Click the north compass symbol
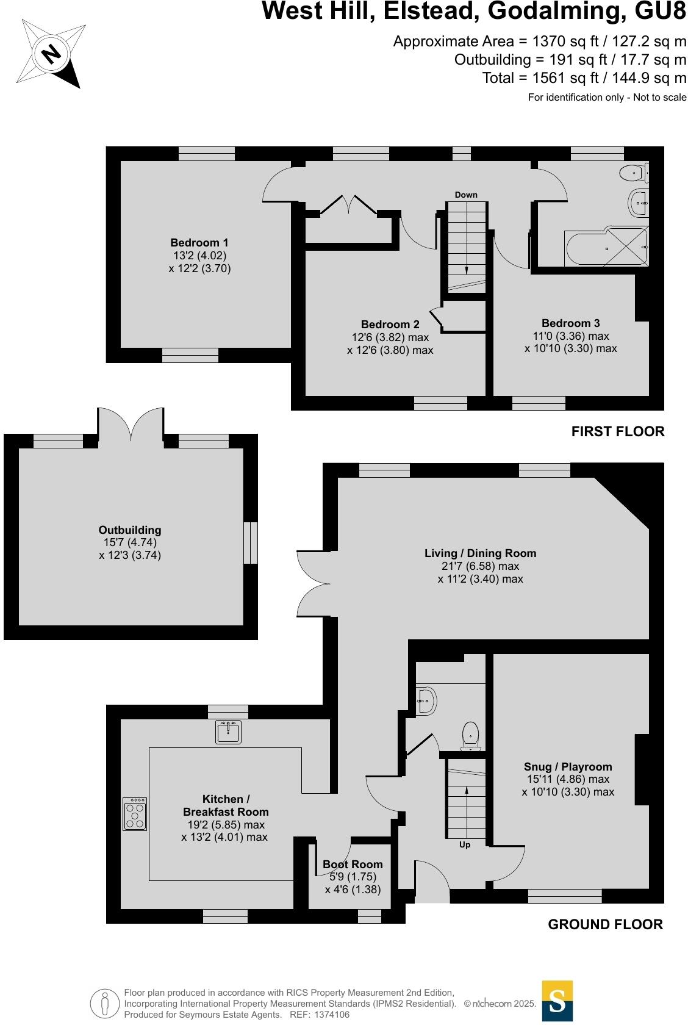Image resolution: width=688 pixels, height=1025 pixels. point(51,53)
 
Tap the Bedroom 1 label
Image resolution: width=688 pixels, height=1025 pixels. point(199,243)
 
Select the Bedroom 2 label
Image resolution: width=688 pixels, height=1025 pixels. point(390,325)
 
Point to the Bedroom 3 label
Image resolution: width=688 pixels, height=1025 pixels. point(570,323)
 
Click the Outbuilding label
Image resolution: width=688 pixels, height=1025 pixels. point(130,530)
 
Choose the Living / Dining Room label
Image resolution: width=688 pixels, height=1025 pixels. point(480,553)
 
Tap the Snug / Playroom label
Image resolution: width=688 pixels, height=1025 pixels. point(567,767)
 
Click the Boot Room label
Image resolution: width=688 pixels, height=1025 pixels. point(353,865)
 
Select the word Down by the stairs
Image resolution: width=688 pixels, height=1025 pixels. point(466,195)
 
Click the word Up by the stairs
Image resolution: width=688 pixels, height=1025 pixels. point(465,845)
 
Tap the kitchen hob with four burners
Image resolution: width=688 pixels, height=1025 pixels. point(135,814)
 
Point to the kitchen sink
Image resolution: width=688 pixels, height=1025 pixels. point(229,732)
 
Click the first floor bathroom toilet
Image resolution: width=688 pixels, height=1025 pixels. point(632,174)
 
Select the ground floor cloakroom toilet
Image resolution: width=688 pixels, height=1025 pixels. point(470,735)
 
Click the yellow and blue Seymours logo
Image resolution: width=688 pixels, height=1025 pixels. point(557,1001)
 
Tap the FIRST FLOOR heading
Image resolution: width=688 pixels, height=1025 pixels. point(617,432)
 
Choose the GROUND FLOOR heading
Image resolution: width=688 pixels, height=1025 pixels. point(605,924)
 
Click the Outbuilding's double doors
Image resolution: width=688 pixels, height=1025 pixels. point(131,424)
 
